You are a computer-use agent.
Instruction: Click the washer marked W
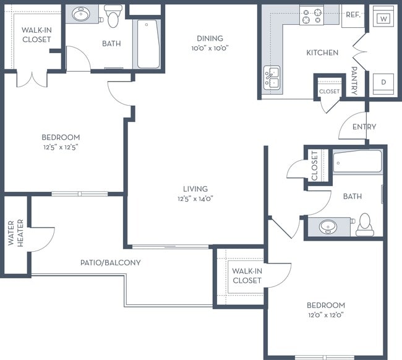click(383, 16)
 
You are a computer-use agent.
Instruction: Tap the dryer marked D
click(383, 84)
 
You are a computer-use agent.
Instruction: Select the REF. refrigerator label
click(353, 15)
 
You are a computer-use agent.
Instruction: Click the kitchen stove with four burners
click(312, 16)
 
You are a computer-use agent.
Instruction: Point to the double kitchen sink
click(272, 78)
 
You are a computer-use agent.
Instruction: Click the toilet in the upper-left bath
click(113, 16)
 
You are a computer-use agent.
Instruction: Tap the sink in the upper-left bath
click(81, 14)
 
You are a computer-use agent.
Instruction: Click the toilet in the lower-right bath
click(364, 225)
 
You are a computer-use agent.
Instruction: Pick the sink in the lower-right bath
click(328, 226)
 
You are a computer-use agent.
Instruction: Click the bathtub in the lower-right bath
click(357, 161)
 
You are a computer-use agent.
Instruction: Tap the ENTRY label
click(364, 127)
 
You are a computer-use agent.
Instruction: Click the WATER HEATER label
click(16, 233)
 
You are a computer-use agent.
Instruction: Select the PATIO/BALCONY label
click(111, 262)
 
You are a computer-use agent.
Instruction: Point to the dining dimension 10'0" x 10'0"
click(210, 48)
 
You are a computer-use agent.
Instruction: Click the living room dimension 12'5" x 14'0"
click(195, 199)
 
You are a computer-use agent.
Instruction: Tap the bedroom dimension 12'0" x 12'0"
click(325, 315)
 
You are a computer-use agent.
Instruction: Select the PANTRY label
click(354, 81)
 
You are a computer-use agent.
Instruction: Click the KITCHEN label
click(322, 53)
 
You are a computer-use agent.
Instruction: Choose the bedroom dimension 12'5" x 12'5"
click(61, 147)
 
